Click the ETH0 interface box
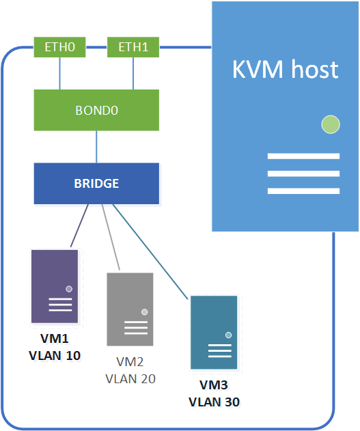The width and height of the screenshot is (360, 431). click(59, 47)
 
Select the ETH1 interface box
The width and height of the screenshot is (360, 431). click(133, 47)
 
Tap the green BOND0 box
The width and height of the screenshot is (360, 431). click(96, 110)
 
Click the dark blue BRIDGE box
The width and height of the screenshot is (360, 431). click(96, 184)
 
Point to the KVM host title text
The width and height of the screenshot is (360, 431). click(286, 69)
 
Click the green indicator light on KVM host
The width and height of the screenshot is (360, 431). click(331, 124)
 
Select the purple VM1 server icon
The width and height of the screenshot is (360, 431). click(55, 286)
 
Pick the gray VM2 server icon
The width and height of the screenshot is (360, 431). click(130, 309)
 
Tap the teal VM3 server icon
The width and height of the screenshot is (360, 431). click(214, 333)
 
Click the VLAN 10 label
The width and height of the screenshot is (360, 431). click(55, 356)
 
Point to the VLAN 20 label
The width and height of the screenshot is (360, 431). click(130, 379)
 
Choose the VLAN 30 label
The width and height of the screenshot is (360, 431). click(214, 402)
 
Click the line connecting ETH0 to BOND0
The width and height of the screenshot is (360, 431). click(59, 73)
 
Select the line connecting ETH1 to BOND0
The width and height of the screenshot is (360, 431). click(133, 73)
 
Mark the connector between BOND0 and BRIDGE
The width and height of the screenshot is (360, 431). click(96, 147)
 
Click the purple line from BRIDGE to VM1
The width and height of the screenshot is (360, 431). click(79, 225)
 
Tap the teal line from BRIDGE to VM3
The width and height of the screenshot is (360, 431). click(150, 251)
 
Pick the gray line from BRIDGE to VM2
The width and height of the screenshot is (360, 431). click(111, 237)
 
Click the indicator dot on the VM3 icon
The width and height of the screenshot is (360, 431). click(228, 335)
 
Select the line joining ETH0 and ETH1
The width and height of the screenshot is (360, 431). click(96, 47)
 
